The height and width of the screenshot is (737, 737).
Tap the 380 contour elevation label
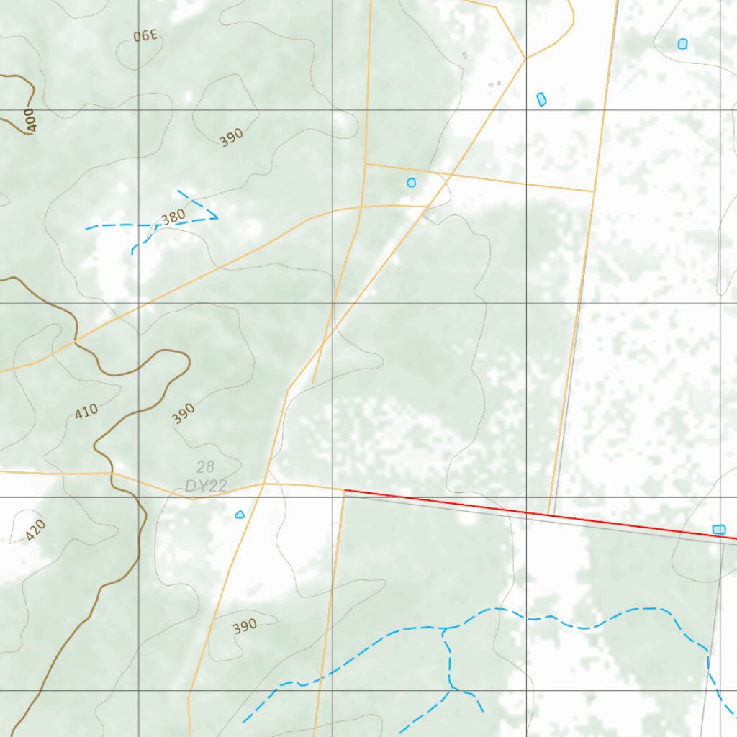(x=173, y=216)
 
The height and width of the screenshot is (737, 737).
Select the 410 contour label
(x=86, y=412)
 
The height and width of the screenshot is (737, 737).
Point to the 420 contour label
(x=35, y=530)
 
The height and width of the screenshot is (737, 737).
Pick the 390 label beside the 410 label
(x=184, y=412)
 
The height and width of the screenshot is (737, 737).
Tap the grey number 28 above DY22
(x=205, y=468)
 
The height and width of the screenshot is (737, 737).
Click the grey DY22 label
(x=206, y=486)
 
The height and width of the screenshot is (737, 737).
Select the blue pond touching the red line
(x=718, y=530)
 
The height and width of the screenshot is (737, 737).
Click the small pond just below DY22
(x=240, y=514)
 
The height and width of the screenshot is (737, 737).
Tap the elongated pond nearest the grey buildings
(x=541, y=99)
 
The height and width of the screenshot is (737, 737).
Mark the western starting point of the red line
(x=345, y=490)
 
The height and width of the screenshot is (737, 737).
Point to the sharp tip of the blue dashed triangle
(x=217, y=217)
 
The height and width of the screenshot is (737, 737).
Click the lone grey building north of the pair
(x=465, y=55)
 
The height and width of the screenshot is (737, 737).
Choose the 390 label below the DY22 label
(x=245, y=627)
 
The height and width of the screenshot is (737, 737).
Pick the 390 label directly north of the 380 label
(x=231, y=137)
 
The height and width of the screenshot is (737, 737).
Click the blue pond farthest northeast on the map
(x=682, y=44)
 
